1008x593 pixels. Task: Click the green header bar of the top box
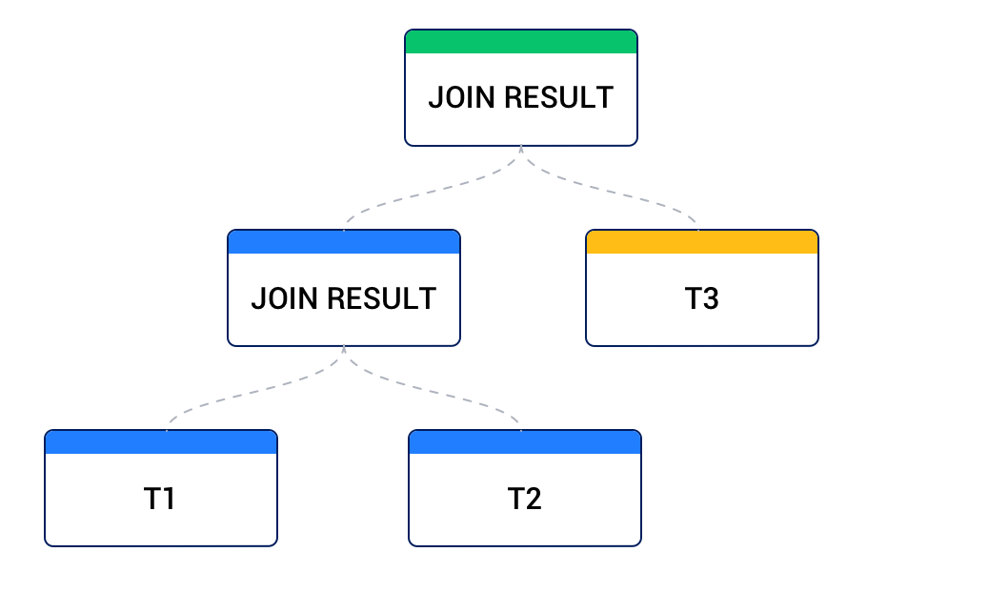pyautogui.click(x=521, y=42)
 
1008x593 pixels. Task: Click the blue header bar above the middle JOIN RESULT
pyautogui.click(x=344, y=242)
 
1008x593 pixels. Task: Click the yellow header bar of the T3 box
pyautogui.click(x=702, y=242)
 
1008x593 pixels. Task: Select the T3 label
pyautogui.click(x=702, y=298)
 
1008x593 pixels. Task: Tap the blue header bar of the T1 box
pyautogui.click(x=161, y=442)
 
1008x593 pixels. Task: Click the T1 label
pyautogui.click(x=160, y=499)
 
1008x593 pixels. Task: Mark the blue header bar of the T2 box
pyautogui.click(x=525, y=442)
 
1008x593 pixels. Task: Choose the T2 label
pyautogui.click(x=525, y=499)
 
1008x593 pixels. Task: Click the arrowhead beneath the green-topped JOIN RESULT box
pyautogui.click(x=521, y=150)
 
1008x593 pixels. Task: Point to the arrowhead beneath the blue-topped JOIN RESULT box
pyautogui.click(x=344, y=350)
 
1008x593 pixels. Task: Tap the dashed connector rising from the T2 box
pyautogui.click(x=457, y=397)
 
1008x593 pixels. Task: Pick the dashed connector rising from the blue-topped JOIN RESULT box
pyautogui.click(x=410, y=198)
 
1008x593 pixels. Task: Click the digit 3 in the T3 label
pyautogui.click(x=711, y=298)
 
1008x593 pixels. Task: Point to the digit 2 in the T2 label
pyautogui.click(x=534, y=499)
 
